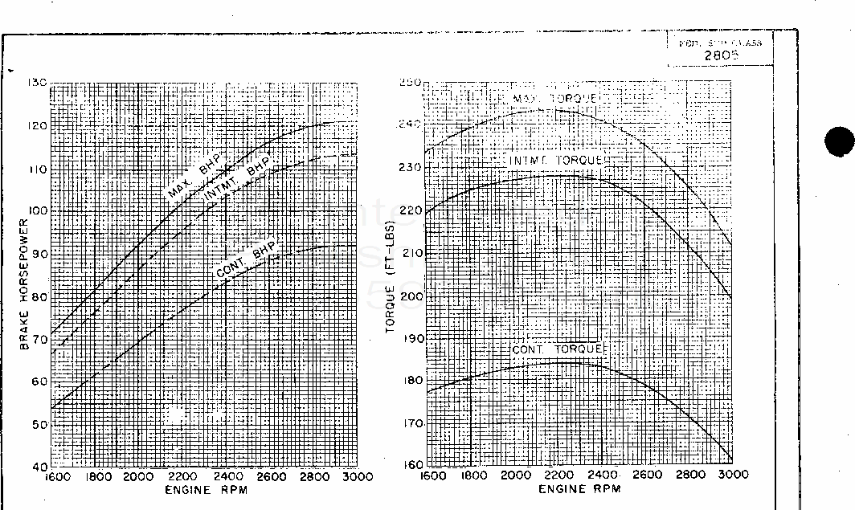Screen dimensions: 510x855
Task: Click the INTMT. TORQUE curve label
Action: (x=559, y=161)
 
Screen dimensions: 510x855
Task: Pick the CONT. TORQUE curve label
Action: (x=558, y=349)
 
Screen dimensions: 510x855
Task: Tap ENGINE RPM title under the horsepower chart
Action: (x=207, y=489)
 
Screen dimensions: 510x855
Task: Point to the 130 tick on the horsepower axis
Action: (x=38, y=83)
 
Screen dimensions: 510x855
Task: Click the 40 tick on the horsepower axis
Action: (x=40, y=466)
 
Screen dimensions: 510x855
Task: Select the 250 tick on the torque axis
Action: (x=411, y=83)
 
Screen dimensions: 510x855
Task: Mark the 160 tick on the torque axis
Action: (x=411, y=465)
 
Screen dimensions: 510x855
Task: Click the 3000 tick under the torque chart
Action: (x=731, y=475)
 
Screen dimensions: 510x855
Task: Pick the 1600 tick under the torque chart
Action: (x=434, y=475)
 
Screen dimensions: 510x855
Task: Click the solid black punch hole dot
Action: (x=840, y=143)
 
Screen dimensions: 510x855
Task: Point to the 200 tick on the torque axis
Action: (x=411, y=296)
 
